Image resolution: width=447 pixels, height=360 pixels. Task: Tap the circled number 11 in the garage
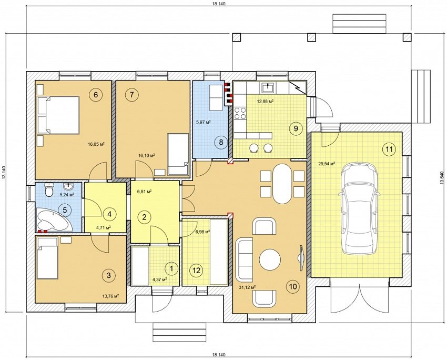point(389,149)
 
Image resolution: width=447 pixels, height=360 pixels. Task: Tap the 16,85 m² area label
point(96,143)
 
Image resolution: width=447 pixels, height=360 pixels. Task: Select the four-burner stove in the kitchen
point(240,113)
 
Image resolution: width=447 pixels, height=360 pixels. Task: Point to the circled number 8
point(221,142)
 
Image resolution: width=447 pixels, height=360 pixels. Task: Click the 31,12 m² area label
point(247,288)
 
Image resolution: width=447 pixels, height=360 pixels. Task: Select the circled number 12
point(196,271)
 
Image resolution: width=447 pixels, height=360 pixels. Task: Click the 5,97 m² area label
point(203,122)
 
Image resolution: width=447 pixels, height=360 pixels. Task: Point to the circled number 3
point(109,275)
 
